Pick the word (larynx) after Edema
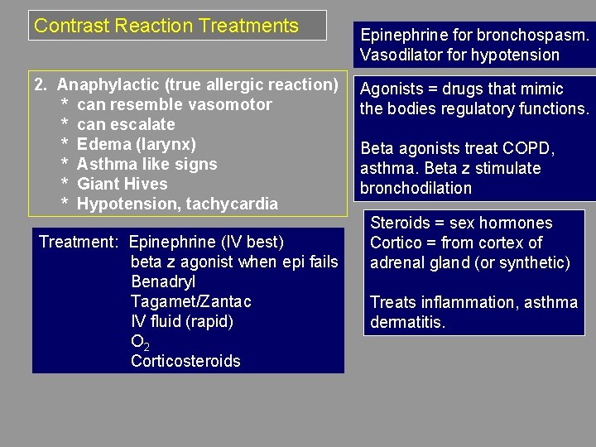point(167,144)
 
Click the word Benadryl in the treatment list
point(163,281)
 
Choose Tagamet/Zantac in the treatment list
point(191,301)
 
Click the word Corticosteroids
point(185,361)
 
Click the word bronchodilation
point(416,188)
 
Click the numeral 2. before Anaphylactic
point(41,84)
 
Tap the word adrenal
point(397,263)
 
